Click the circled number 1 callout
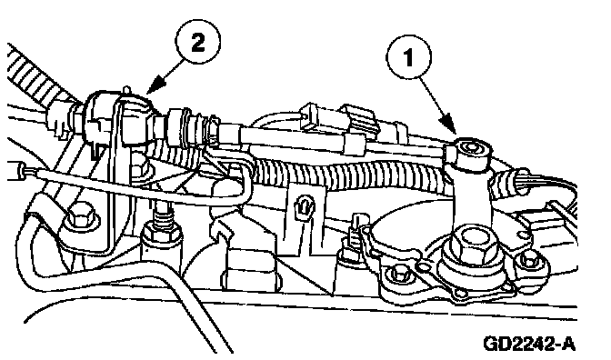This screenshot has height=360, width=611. pos(408,57)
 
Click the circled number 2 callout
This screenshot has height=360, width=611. pos(198,41)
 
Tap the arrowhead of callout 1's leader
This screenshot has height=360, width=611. pos(449,125)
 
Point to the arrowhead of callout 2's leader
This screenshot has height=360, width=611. pos(154,87)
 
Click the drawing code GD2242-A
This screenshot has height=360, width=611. pos(529,344)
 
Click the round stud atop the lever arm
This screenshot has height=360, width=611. pos(472,148)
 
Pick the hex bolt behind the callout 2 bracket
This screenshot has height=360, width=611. pos(139,168)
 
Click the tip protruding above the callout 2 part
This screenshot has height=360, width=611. pos(126,90)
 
